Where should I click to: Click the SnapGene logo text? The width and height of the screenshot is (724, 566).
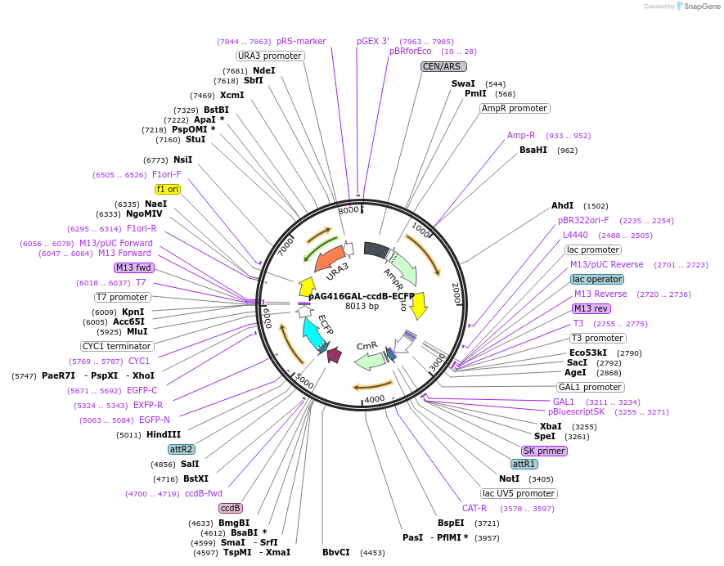(x=702, y=6)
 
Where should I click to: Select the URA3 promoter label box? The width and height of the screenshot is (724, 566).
(x=270, y=56)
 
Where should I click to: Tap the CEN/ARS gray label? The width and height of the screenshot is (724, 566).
(x=443, y=66)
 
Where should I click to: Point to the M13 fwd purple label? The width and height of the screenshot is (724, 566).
(x=134, y=267)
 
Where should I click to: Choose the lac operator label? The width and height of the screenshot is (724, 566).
(x=597, y=279)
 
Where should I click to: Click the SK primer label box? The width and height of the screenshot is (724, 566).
(x=544, y=451)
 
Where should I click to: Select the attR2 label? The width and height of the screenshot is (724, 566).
(x=182, y=449)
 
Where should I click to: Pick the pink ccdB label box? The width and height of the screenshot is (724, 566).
(x=231, y=508)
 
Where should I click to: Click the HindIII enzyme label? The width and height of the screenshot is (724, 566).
(x=164, y=434)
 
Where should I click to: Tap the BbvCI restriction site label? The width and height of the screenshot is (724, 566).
(x=336, y=552)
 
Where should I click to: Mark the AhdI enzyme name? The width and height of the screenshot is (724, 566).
(x=563, y=206)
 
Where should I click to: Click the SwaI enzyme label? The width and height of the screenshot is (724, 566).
(x=463, y=83)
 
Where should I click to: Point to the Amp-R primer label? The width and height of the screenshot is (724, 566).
(x=521, y=135)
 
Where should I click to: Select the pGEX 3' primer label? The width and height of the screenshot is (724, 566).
(x=373, y=40)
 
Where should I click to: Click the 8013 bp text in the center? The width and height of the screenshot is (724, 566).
(x=362, y=306)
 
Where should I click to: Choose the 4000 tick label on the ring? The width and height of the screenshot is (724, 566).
(x=374, y=398)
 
